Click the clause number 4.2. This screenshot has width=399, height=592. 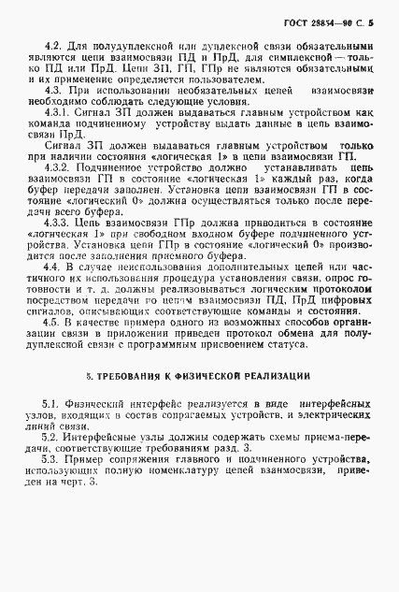pyautogui.click(x=52, y=44)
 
